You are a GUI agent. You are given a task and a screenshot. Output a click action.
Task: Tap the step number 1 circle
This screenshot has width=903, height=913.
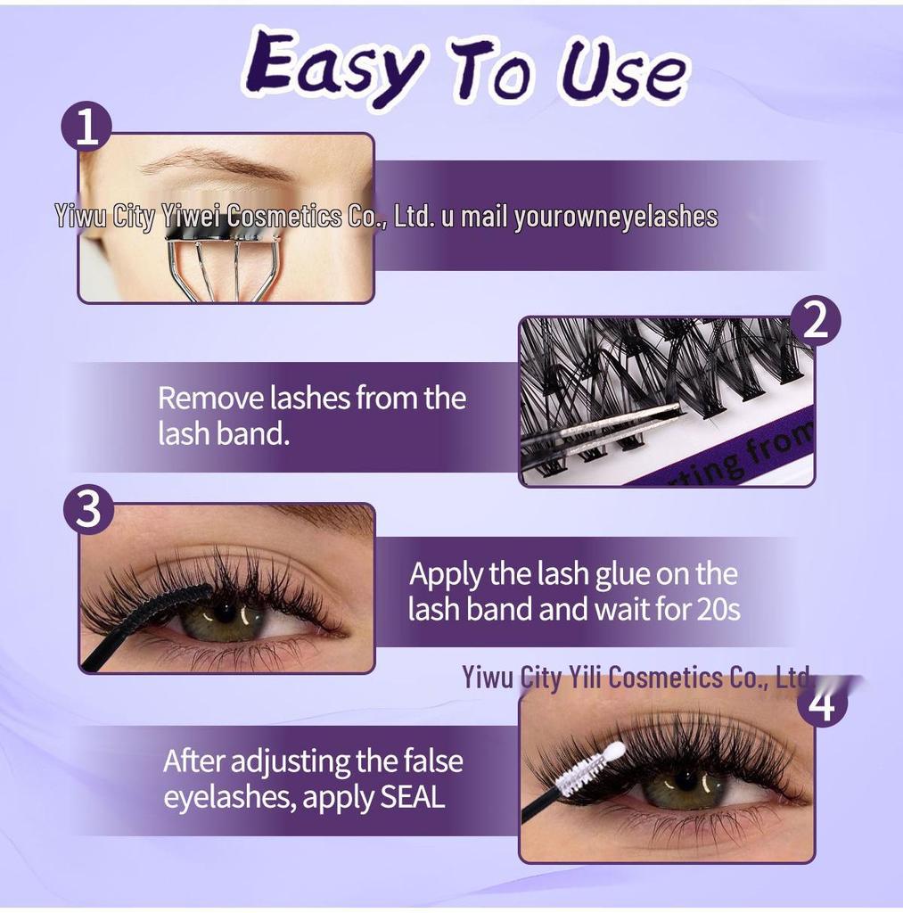(x=86, y=128)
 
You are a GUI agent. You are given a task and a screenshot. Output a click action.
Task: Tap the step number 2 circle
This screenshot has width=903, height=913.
(x=816, y=322)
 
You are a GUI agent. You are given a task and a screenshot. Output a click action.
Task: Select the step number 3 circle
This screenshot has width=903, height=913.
(x=87, y=511)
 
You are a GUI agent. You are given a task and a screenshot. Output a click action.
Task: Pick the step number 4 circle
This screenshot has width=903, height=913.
(x=823, y=703)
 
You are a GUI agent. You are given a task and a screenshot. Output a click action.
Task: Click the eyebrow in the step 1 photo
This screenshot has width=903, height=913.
(x=214, y=164)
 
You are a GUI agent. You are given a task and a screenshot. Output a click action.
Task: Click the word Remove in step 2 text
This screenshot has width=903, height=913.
(x=211, y=398)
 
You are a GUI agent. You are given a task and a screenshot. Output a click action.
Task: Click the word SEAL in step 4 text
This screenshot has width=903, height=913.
(x=412, y=796)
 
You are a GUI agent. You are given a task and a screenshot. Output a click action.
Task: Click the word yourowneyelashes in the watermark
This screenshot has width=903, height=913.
(x=615, y=217)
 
